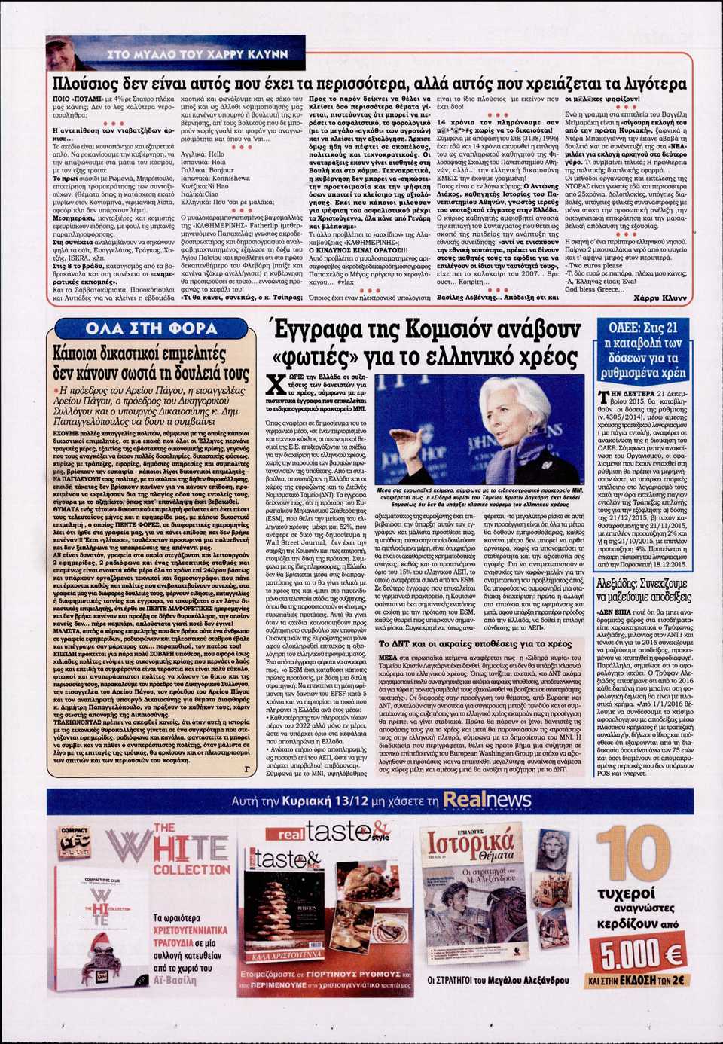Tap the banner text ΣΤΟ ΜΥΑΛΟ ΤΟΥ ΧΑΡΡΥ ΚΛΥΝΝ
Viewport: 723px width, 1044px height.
[x=198, y=54]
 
